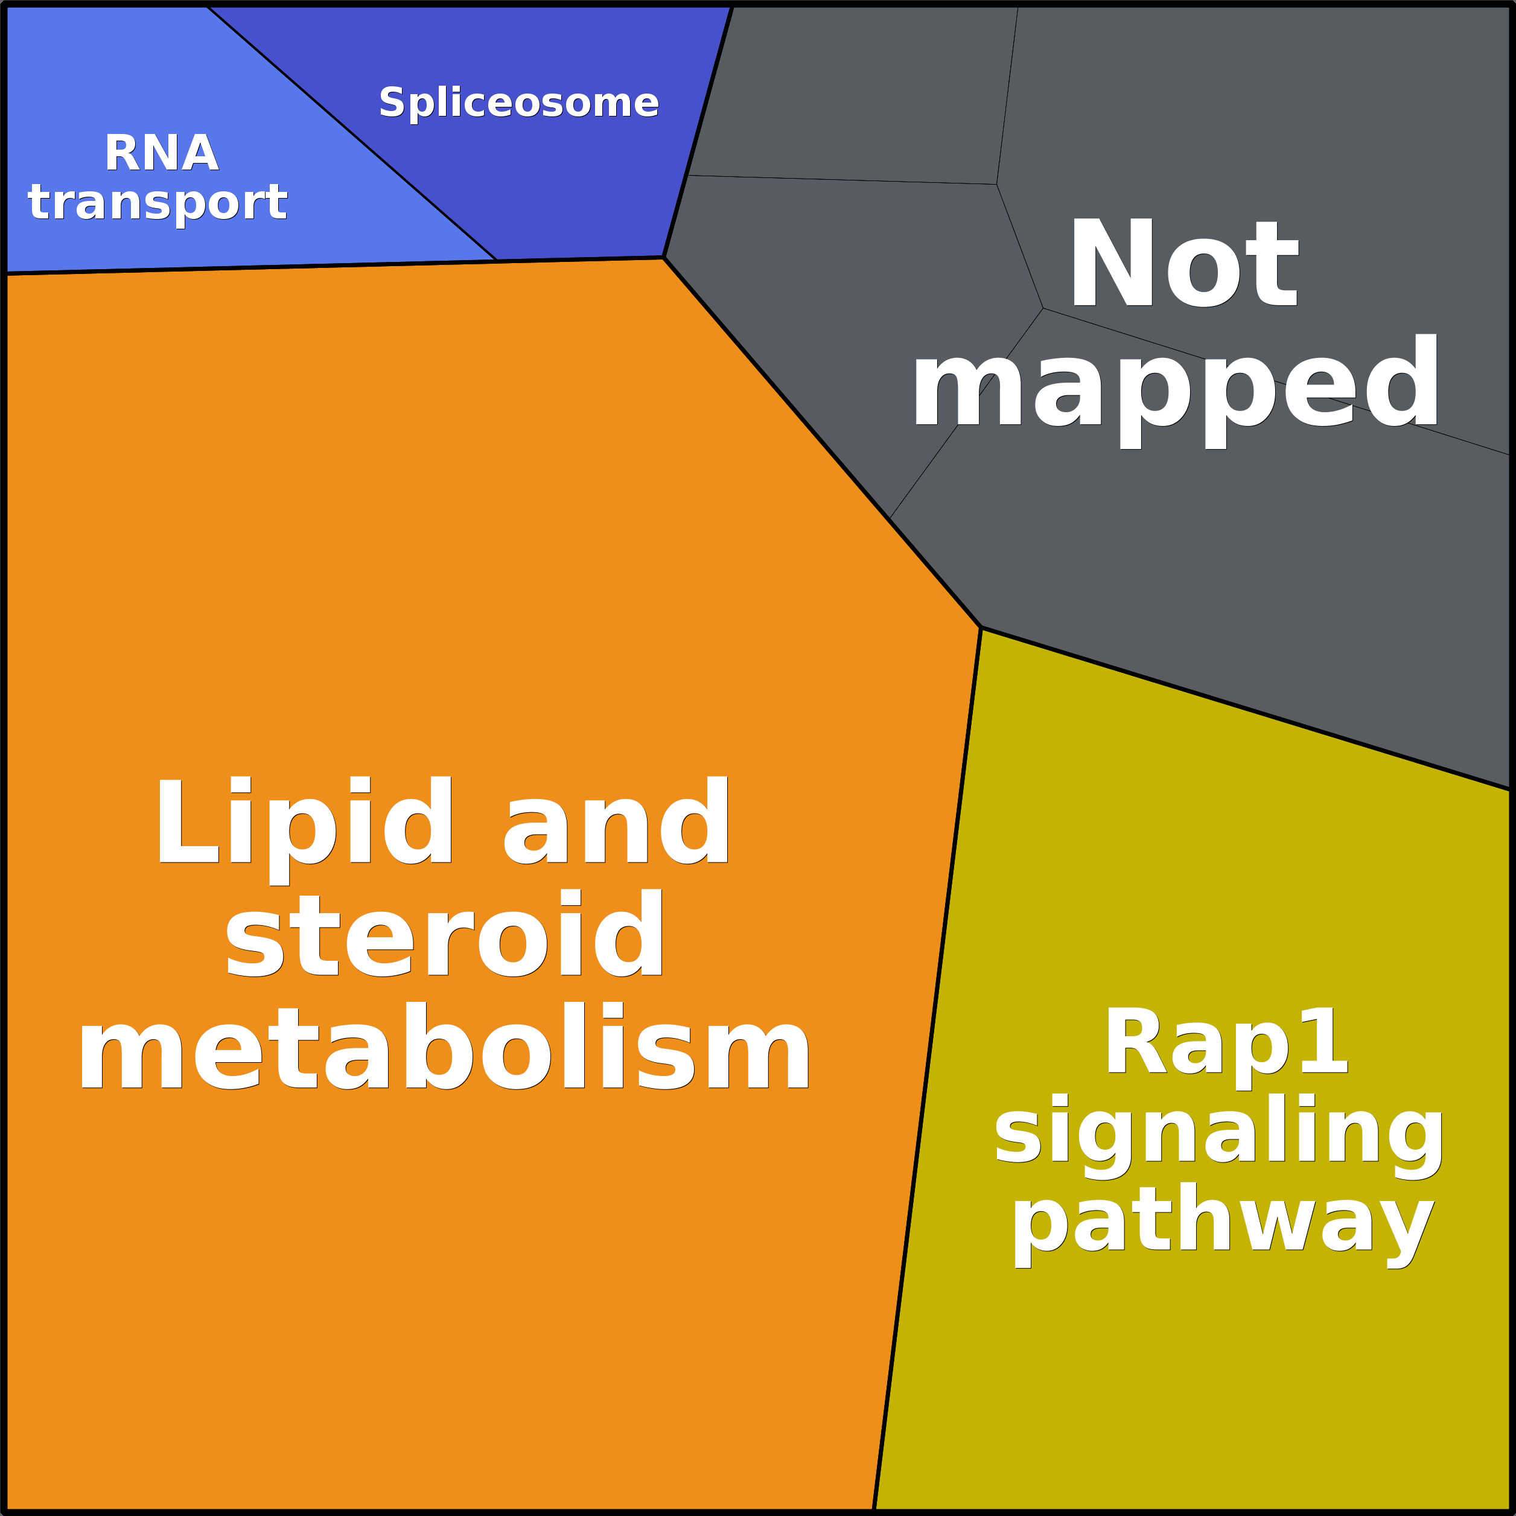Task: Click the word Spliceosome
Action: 518,103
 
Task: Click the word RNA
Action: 162,153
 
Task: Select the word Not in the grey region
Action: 1183,264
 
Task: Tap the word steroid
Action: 445,935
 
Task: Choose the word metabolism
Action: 445,1048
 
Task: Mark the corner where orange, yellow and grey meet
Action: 981,628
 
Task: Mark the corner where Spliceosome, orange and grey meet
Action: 664,257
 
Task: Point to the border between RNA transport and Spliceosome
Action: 353,133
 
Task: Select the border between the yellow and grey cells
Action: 1247,709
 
